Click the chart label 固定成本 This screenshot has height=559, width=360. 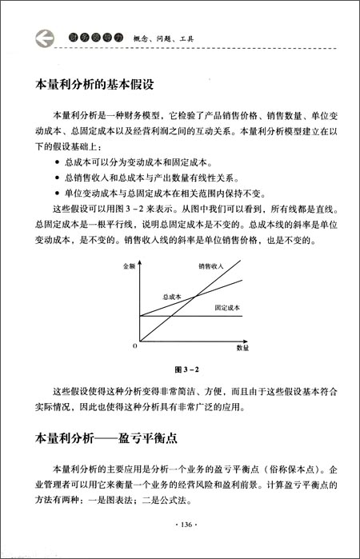point(228,309)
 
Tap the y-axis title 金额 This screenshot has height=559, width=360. point(129,265)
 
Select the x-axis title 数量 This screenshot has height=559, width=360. point(243,349)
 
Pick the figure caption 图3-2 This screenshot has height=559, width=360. point(186,370)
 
